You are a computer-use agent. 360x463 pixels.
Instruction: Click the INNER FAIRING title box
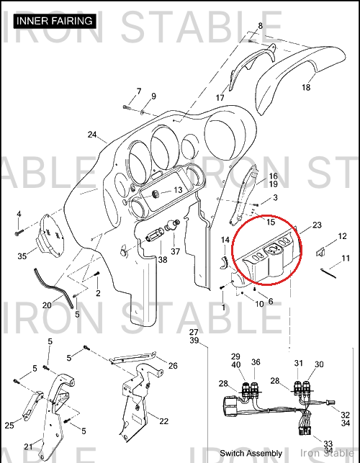point(55,22)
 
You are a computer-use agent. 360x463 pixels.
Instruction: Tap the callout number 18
point(306,87)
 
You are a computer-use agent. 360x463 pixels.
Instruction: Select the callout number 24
point(92,135)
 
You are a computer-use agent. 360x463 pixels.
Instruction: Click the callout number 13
point(178,190)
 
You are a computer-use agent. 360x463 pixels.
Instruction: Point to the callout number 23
point(317,225)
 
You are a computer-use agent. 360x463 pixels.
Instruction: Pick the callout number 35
point(22,256)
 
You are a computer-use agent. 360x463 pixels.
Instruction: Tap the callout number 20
point(47,305)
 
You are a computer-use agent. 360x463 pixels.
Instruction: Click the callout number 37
point(176,251)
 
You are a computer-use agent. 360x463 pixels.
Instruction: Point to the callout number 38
point(163,259)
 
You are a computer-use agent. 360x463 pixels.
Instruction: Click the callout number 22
point(164,421)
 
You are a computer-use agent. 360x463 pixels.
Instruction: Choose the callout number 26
point(173,366)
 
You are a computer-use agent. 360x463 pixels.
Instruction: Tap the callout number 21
point(28,447)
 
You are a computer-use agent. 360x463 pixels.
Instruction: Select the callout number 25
point(9,426)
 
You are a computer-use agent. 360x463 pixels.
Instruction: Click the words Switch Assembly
point(251,453)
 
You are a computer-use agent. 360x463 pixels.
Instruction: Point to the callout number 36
point(256,362)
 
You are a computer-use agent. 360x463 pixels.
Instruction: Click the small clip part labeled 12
point(320,251)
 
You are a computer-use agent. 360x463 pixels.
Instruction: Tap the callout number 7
point(139,91)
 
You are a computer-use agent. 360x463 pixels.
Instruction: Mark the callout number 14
point(225,240)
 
